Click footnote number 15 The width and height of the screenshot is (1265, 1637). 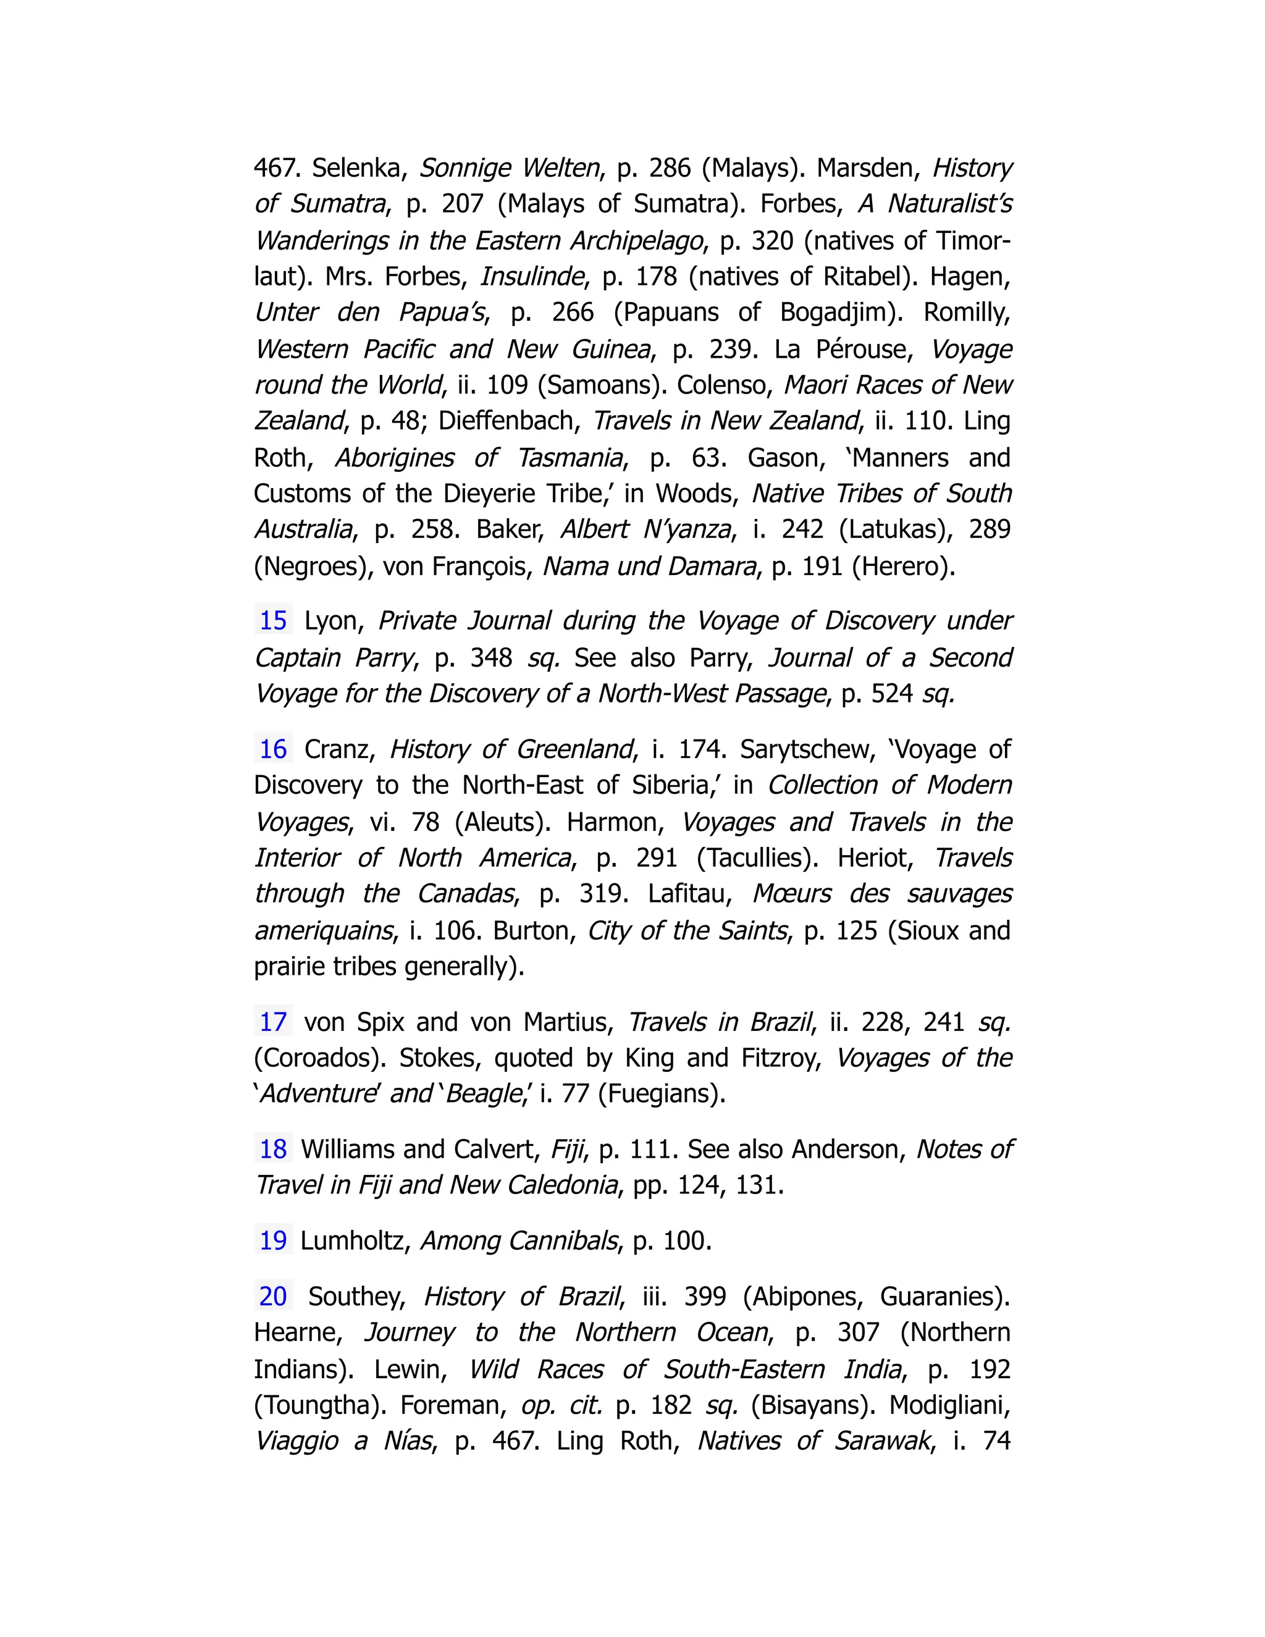coord(273,621)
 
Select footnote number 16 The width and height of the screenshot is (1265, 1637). coord(273,749)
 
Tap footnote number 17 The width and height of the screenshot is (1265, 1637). coord(273,1022)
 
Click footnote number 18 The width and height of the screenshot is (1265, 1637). coord(273,1149)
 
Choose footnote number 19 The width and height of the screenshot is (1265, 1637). coord(273,1240)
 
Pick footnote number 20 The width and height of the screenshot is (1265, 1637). coord(273,1296)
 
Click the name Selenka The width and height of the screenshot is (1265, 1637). coord(359,168)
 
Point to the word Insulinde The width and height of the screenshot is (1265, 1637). coord(531,277)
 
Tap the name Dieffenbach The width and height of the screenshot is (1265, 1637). coord(509,421)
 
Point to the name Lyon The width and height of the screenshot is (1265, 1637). coord(334,621)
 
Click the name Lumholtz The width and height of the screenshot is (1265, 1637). coord(355,1240)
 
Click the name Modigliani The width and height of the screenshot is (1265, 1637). coord(949,1405)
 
